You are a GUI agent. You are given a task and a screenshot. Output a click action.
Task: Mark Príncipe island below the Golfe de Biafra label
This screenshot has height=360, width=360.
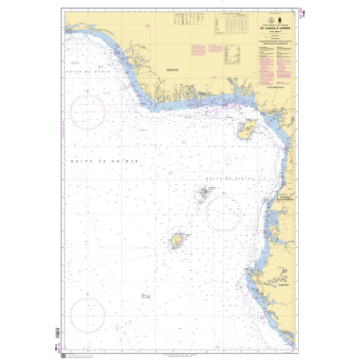click(203, 192)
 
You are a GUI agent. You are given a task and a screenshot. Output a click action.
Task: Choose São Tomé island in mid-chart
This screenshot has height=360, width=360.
click(177, 240)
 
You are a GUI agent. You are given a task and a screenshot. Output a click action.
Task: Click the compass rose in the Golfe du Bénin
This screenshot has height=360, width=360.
click(88, 112)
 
